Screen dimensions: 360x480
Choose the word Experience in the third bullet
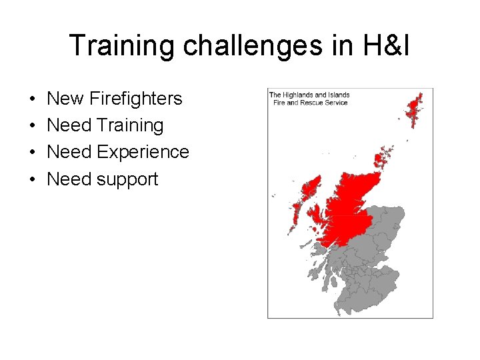[143, 152]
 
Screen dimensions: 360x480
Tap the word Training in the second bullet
[129, 125]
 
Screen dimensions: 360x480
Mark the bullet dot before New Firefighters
[33, 99]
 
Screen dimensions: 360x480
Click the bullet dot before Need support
[33, 179]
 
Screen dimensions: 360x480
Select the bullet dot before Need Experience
[33, 153]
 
